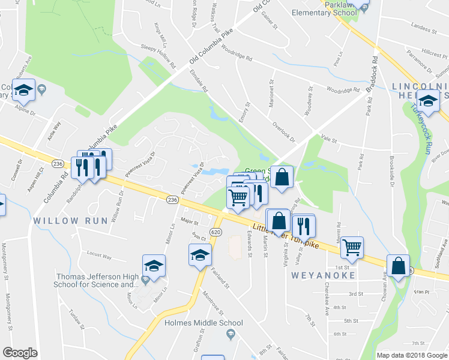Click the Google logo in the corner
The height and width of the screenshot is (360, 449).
(x=20, y=353)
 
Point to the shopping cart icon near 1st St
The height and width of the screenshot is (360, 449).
(x=351, y=247)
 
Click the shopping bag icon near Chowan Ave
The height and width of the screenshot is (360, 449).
(x=399, y=265)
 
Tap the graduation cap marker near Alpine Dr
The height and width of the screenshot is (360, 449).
(x=23, y=92)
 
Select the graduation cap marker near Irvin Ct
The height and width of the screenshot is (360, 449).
(x=200, y=255)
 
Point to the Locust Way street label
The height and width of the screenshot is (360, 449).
(x=100, y=256)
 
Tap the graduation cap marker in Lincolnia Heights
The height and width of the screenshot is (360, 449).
(x=428, y=103)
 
